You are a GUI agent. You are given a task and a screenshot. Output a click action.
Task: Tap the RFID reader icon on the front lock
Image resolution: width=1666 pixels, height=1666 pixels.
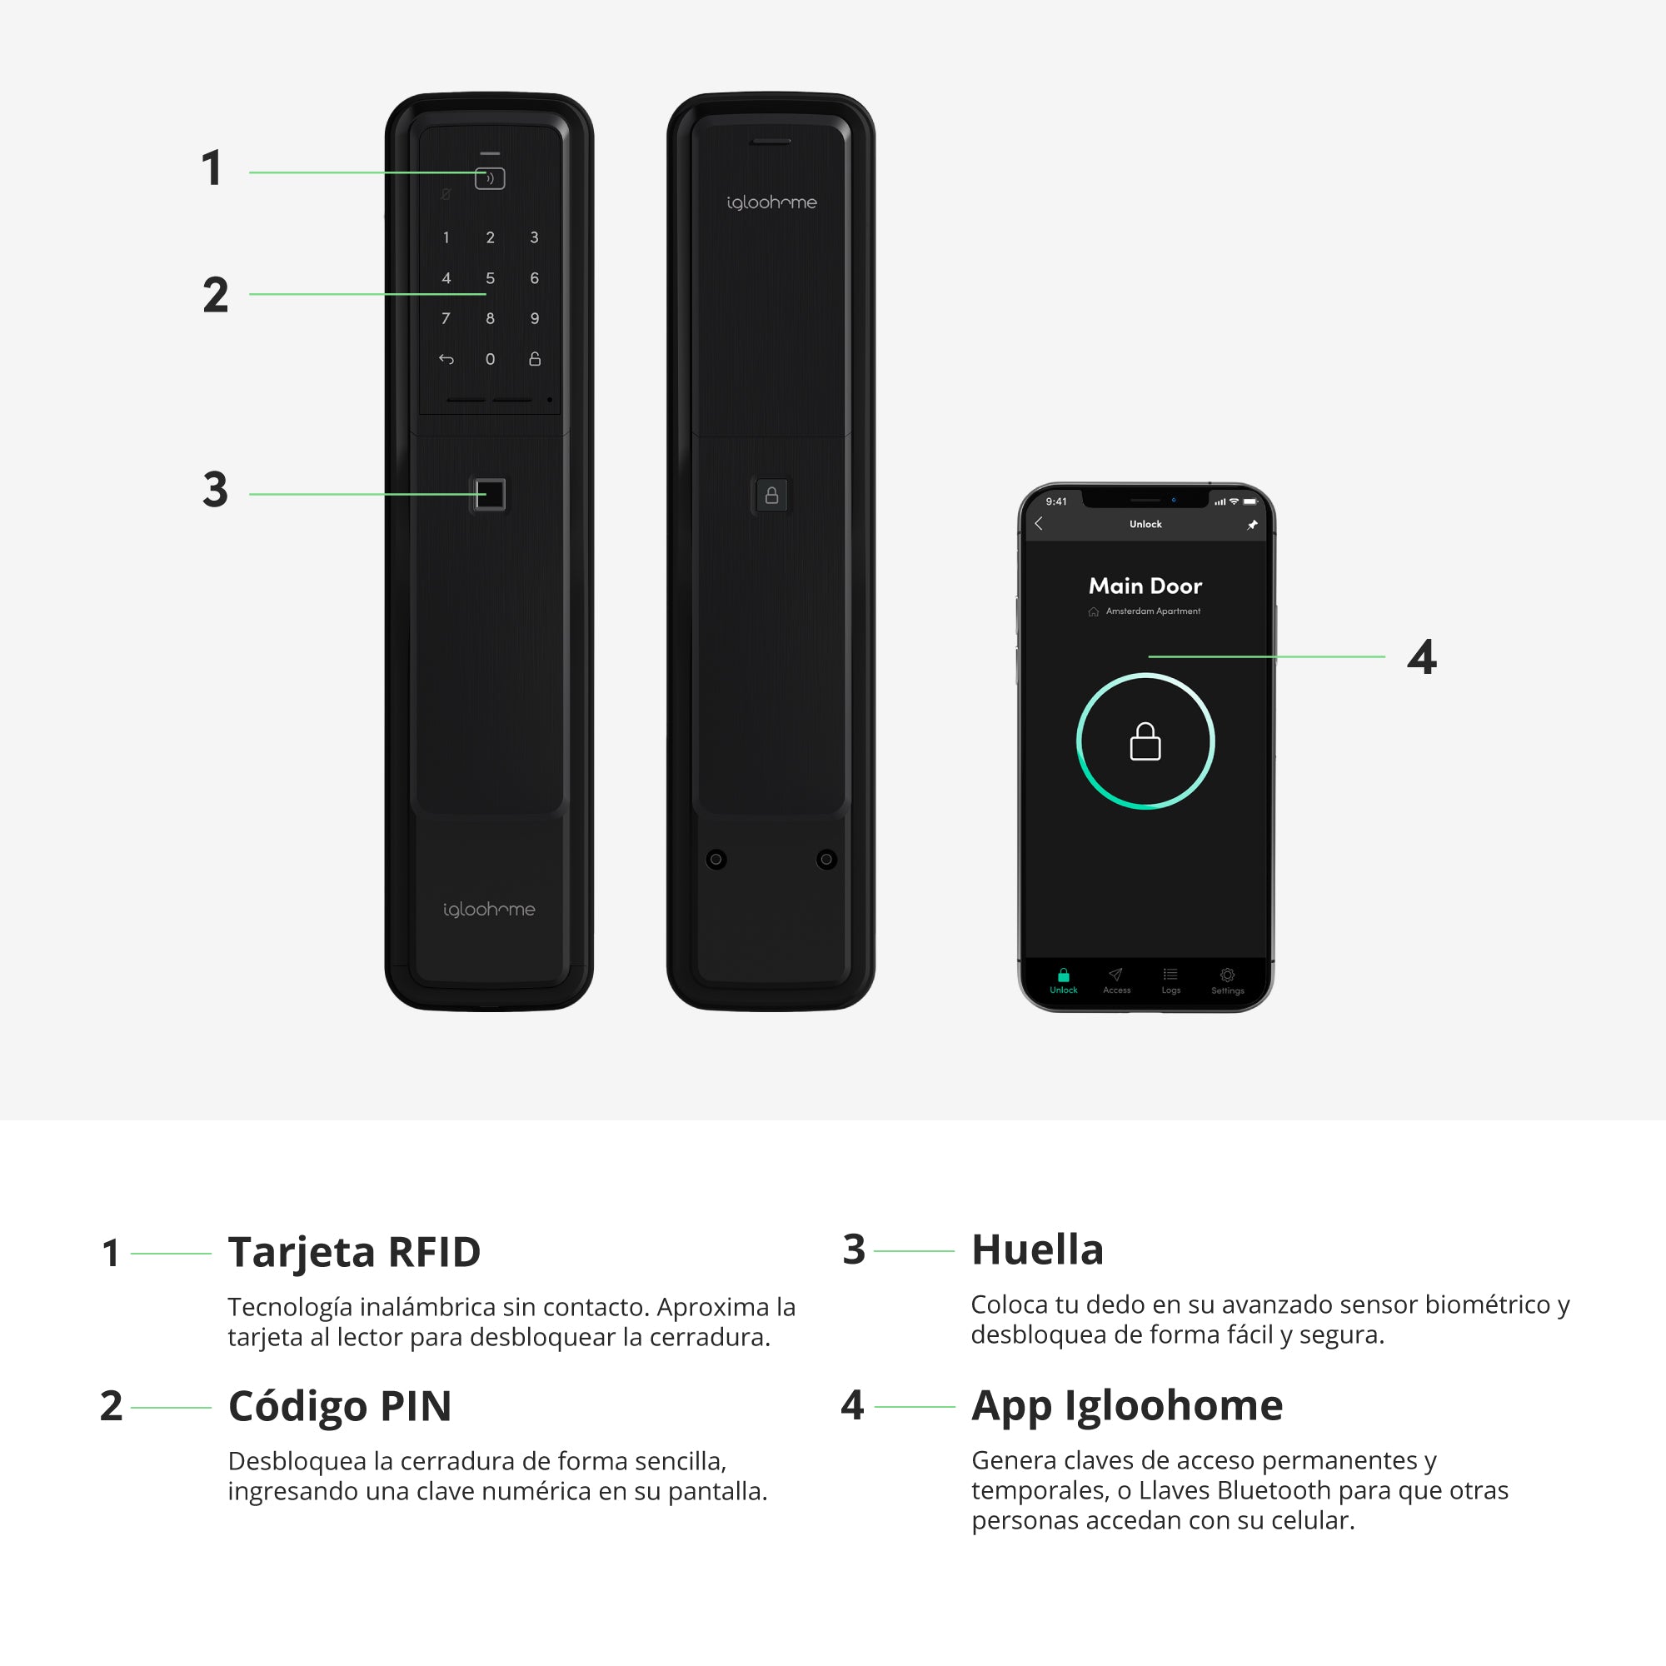click(x=490, y=178)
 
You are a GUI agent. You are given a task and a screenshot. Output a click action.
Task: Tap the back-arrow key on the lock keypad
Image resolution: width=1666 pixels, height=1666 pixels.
click(x=446, y=359)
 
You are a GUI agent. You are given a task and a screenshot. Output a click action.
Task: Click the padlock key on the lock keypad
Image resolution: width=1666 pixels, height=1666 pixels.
click(x=535, y=359)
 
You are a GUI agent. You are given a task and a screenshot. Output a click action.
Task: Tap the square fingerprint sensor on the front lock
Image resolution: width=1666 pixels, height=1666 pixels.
click(x=490, y=495)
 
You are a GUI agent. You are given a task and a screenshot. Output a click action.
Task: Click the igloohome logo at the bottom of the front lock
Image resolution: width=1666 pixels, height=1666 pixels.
click(x=489, y=909)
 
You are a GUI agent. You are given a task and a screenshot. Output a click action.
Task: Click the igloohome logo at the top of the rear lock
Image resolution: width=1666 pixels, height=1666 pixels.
click(x=772, y=202)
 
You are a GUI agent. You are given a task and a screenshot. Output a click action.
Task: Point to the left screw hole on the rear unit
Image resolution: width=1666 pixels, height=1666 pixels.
click(x=716, y=859)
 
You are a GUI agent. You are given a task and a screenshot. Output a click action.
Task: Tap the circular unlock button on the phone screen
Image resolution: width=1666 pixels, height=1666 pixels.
click(x=1145, y=741)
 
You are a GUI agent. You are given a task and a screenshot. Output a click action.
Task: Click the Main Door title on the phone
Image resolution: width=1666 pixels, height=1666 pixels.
click(x=1145, y=586)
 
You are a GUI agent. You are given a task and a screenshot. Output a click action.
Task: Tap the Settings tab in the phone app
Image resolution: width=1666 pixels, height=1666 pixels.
click(x=1227, y=980)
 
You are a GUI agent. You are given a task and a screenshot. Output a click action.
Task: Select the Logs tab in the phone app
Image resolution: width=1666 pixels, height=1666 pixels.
click(x=1170, y=980)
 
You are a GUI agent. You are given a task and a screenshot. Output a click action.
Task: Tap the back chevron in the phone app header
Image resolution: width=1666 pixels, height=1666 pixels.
click(x=1039, y=523)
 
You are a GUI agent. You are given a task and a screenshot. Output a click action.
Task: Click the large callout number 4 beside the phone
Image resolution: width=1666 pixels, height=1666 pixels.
click(x=1422, y=656)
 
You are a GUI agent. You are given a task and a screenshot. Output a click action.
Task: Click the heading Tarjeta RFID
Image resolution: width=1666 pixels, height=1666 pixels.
click(x=354, y=1251)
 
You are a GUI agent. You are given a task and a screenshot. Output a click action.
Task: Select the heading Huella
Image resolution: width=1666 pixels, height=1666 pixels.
click(x=1037, y=1249)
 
